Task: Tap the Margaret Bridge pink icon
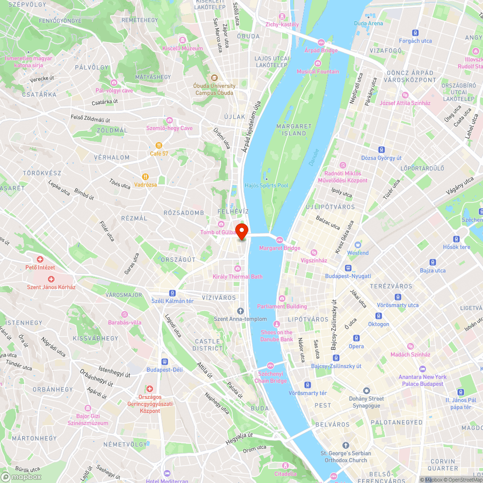(279, 240)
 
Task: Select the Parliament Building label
(282, 306)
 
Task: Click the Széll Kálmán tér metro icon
(171, 293)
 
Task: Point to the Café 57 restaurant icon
(158, 145)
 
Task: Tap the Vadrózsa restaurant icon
(144, 176)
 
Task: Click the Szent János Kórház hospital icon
(51, 279)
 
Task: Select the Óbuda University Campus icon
(214, 78)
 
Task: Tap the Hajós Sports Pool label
(266, 185)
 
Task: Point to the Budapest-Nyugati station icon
(348, 268)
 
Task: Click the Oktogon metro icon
(378, 316)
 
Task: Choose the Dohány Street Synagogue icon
(366, 390)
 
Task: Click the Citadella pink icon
(285, 466)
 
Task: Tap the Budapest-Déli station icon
(164, 361)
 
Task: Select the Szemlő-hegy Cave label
(169, 128)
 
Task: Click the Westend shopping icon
(357, 244)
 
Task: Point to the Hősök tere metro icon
(456, 239)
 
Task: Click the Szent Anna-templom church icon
(240, 311)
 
